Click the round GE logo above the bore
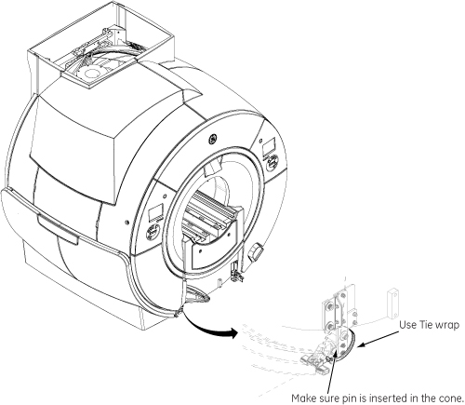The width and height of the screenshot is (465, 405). click(213, 139)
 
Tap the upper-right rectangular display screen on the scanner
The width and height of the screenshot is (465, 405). click(269, 148)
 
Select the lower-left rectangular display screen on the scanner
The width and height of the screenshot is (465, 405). click(155, 213)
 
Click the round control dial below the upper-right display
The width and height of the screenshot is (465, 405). click(272, 162)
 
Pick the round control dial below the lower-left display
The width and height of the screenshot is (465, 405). click(153, 233)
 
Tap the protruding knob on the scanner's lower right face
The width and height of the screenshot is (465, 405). click(257, 250)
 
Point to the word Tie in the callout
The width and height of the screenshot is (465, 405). click(426, 325)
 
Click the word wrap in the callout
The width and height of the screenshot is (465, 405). click(446, 326)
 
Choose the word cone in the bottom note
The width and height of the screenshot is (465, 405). click(450, 398)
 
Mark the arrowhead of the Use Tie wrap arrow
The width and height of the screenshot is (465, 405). click(361, 345)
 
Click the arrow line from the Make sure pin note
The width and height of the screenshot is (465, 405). click(331, 371)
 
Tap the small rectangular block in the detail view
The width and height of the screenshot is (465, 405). click(392, 304)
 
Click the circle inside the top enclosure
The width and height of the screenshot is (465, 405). click(91, 74)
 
